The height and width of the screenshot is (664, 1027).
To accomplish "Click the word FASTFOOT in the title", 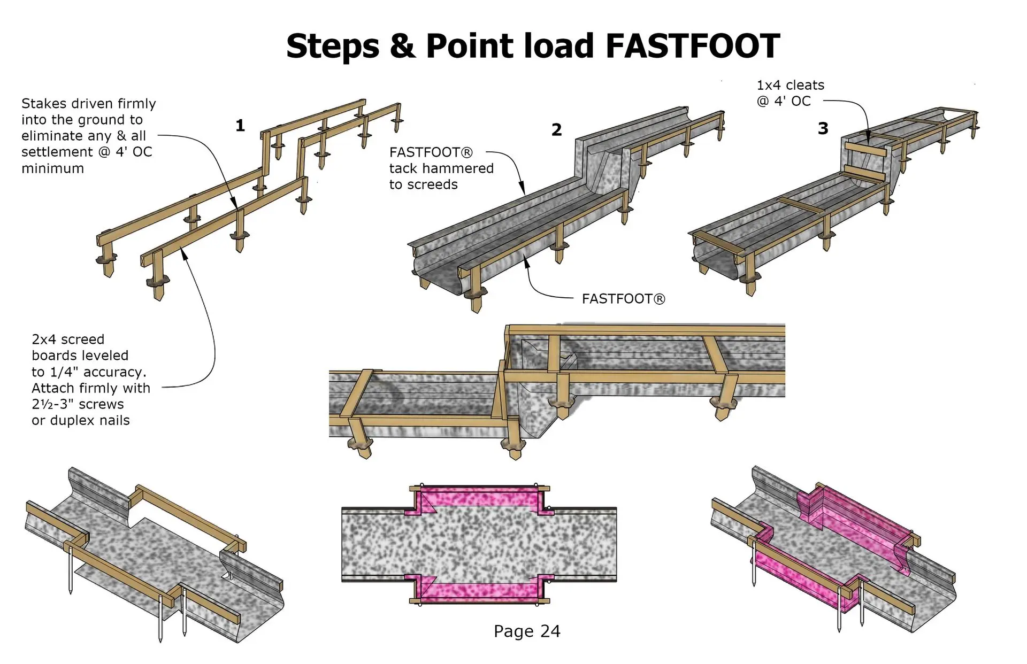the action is [x=693, y=46].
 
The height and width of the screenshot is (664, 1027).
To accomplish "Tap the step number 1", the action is [x=240, y=126].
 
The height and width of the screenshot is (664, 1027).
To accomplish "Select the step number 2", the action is [x=557, y=129].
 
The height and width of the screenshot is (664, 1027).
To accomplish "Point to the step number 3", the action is [x=823, y=128].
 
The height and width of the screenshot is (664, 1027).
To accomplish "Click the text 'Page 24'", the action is [x=527, y=631].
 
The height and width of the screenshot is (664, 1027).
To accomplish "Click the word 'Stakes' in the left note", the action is [x=44, y=103].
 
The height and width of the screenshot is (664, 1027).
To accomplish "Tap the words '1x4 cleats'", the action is [x=790, y=85].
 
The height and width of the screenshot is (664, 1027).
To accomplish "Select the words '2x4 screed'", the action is [x=68, y=339].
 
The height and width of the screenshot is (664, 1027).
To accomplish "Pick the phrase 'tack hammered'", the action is [x=441, y=168].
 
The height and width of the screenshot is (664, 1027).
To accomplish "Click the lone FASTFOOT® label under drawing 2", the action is [x=624, y=299].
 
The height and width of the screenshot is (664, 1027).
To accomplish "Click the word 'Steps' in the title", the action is [x=333, y=46].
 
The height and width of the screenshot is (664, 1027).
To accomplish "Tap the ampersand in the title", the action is [x=402, y=46].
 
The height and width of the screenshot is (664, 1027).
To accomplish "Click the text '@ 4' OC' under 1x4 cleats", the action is [x=784, y=101].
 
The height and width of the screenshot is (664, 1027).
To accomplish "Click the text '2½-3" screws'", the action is [x=78, y=404].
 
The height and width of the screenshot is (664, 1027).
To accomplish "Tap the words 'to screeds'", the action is [x=424, y=184].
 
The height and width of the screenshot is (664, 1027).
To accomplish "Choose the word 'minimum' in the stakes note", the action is [x=52, y=168].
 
